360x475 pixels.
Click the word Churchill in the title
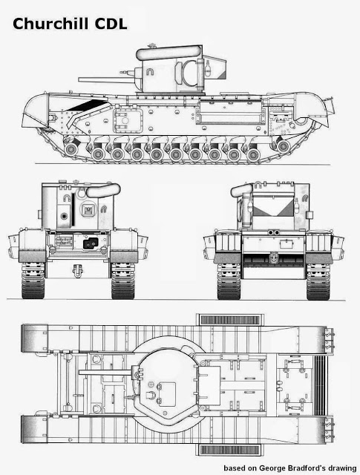[50, 24]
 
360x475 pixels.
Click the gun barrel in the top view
[105, 372]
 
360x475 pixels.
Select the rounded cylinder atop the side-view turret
[168, 53]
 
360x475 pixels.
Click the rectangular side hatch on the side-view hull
[128, 120]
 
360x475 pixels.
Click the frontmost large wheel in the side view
[71, 148]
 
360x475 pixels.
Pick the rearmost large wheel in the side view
[283, 146]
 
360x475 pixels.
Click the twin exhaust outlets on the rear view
[274, 232]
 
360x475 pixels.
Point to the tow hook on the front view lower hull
[78, 270]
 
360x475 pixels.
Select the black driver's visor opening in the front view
[91, 243]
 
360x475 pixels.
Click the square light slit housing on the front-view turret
[88, 209]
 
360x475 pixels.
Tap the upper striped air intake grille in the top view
[230, 320]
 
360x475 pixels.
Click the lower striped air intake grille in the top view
[229, 450]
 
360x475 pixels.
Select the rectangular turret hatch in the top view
[209, 385]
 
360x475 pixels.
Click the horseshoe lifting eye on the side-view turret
[150, 71]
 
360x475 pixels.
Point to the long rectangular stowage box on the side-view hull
[230, 112]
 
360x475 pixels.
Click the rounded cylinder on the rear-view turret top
[241, 190]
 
